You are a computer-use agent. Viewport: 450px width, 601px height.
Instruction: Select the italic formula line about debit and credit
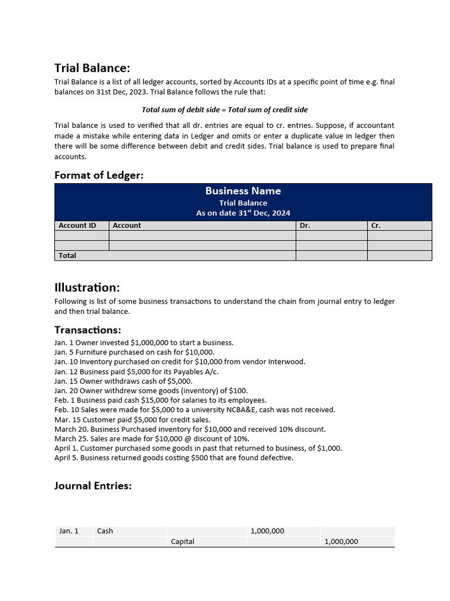pos(224,110)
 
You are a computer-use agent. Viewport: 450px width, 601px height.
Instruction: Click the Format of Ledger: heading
pos(98,175)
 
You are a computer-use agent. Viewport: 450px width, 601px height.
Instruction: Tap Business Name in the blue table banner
pos(243,191)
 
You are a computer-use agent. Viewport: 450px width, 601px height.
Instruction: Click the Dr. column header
pos(305,225)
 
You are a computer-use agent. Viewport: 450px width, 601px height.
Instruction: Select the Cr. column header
pos(376,225)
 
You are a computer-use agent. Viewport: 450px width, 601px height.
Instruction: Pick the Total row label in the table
pos(67,255)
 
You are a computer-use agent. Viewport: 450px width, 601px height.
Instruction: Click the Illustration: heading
pos(87,288)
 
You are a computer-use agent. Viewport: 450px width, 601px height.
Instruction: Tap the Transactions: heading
pos(87,330)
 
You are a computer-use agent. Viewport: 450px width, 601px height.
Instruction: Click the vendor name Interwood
pos(287,362)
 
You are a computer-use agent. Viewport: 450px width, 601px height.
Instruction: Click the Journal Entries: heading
pos(93,485)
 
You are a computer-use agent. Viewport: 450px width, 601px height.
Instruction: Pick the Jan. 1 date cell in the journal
pos(69,531)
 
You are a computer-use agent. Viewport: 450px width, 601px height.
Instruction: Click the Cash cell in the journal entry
pos(105,531)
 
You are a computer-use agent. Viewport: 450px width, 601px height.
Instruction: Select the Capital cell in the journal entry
pos(182,541)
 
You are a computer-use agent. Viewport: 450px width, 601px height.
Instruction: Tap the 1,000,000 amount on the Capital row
pos(341,541)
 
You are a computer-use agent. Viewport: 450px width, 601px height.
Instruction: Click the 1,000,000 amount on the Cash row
pos(267,531)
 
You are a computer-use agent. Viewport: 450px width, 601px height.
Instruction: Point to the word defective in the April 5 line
pos(274,458)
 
